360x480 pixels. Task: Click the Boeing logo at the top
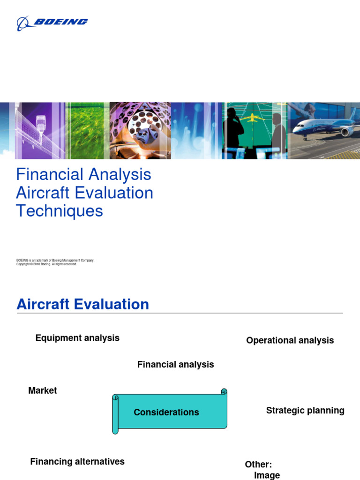coord(52,22)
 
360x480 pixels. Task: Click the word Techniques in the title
coord(60,211)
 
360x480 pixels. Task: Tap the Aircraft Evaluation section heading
coord(83,304)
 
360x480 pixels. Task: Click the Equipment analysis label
coord(77,338)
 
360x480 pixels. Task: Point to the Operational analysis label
coord(290,341)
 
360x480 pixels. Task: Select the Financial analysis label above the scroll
coord(175,364)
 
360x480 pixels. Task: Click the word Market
coord(43,390)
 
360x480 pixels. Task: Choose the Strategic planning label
coord(305,411)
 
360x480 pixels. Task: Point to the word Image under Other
coord(267,475)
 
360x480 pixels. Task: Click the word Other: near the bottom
coord(258,465)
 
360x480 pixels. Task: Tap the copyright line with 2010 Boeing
coord(46,264)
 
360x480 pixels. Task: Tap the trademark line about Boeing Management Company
coord(55,260)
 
